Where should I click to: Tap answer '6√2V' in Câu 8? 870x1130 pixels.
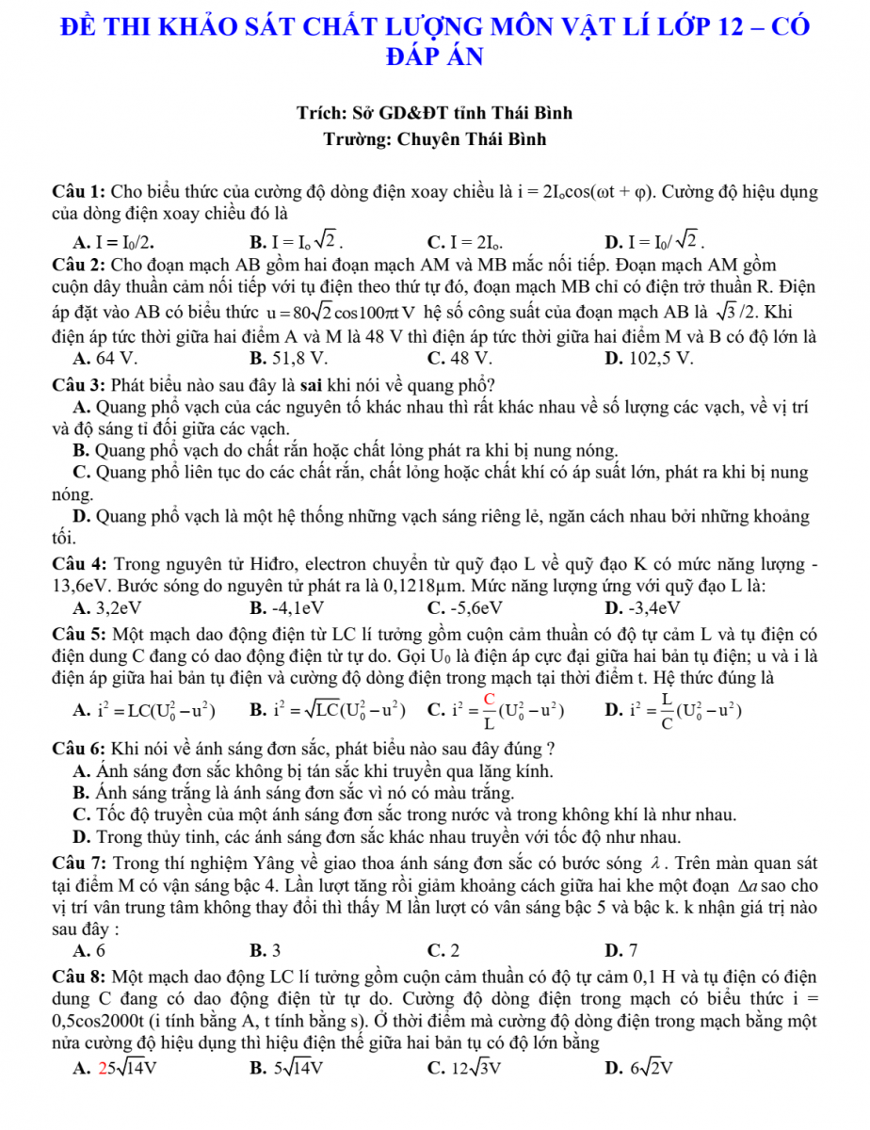pyautogui.click(x=653, y=1068)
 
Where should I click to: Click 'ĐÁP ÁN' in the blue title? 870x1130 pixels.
pyautogui.click(x=434, y=56)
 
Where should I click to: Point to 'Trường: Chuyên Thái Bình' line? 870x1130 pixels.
pyautogui.click(x=434, y=140)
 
